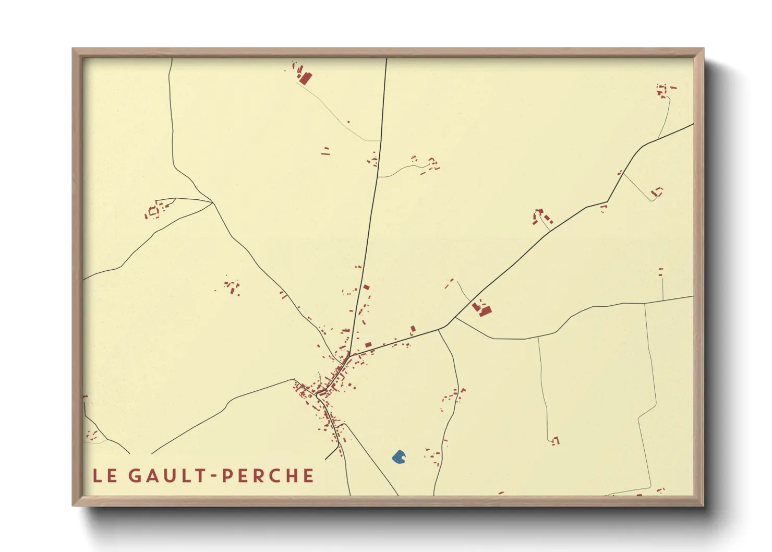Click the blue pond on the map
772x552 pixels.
tap(399, 458)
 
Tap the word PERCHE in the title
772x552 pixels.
tap(268, 476)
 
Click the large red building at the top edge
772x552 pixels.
tap(305, 78)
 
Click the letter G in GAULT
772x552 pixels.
tap(134, 476)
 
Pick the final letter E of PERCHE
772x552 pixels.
tap(308, 476)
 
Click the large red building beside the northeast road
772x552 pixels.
tap(485, 310)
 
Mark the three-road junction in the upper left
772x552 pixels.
tap(212, 202)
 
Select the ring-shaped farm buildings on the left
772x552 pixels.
tap(153, 212)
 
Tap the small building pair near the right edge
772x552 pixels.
tap(660, 272)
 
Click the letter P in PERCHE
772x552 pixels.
tap(227, 476)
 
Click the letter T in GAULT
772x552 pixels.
tap(201, 476)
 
